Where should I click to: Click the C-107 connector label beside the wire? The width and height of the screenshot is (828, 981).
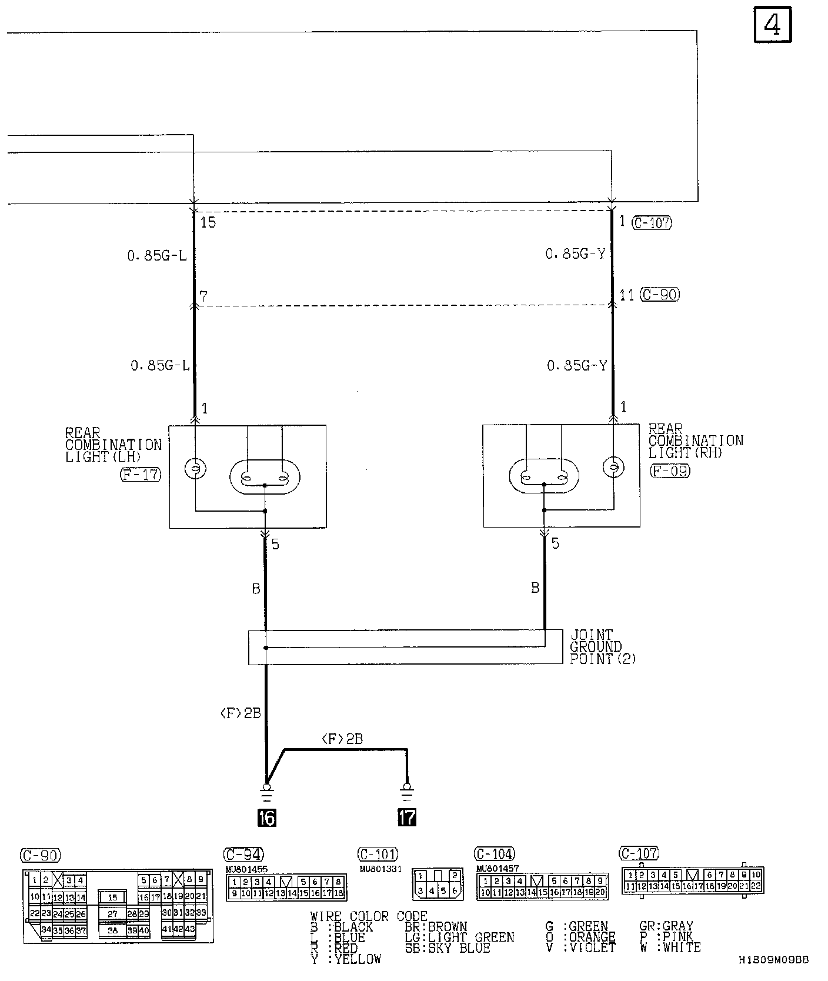point(652,223)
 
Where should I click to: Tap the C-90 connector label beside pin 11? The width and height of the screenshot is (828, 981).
point(659,294)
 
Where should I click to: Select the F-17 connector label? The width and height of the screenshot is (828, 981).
point(141,474)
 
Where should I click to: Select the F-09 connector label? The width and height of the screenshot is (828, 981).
point(670,471)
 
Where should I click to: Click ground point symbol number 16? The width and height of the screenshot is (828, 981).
point(267,817)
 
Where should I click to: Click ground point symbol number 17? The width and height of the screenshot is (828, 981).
point(406,817)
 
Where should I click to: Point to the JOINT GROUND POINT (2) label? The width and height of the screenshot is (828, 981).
point(603,647)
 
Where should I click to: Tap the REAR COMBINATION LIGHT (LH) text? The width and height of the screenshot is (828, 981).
point(113,445)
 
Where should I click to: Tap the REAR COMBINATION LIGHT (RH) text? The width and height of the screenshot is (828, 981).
point(695,441)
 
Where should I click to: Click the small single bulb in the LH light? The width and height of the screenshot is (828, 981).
point(196,469)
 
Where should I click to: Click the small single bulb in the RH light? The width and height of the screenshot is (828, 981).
point(613,467)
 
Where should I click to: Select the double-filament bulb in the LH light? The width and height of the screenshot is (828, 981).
point(265,477)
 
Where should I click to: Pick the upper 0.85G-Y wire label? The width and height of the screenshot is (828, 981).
point(575,254)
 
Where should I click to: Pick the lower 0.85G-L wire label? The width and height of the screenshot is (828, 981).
point(160,365)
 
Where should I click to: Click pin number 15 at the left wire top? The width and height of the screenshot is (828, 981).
point(208,222)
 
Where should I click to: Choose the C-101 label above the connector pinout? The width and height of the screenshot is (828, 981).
point(378,854)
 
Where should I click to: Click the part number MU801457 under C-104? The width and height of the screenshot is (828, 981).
point(498,869)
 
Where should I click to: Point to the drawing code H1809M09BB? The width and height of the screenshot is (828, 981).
point(774,960)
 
